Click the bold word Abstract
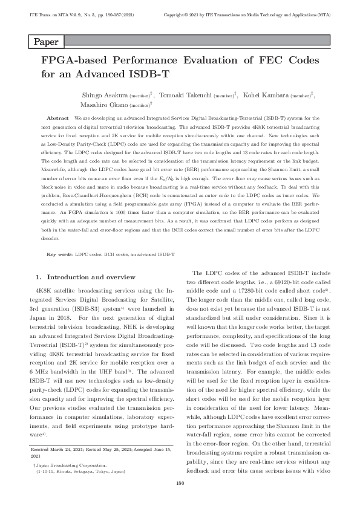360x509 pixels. pyautogui.click(x=57, y=119)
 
